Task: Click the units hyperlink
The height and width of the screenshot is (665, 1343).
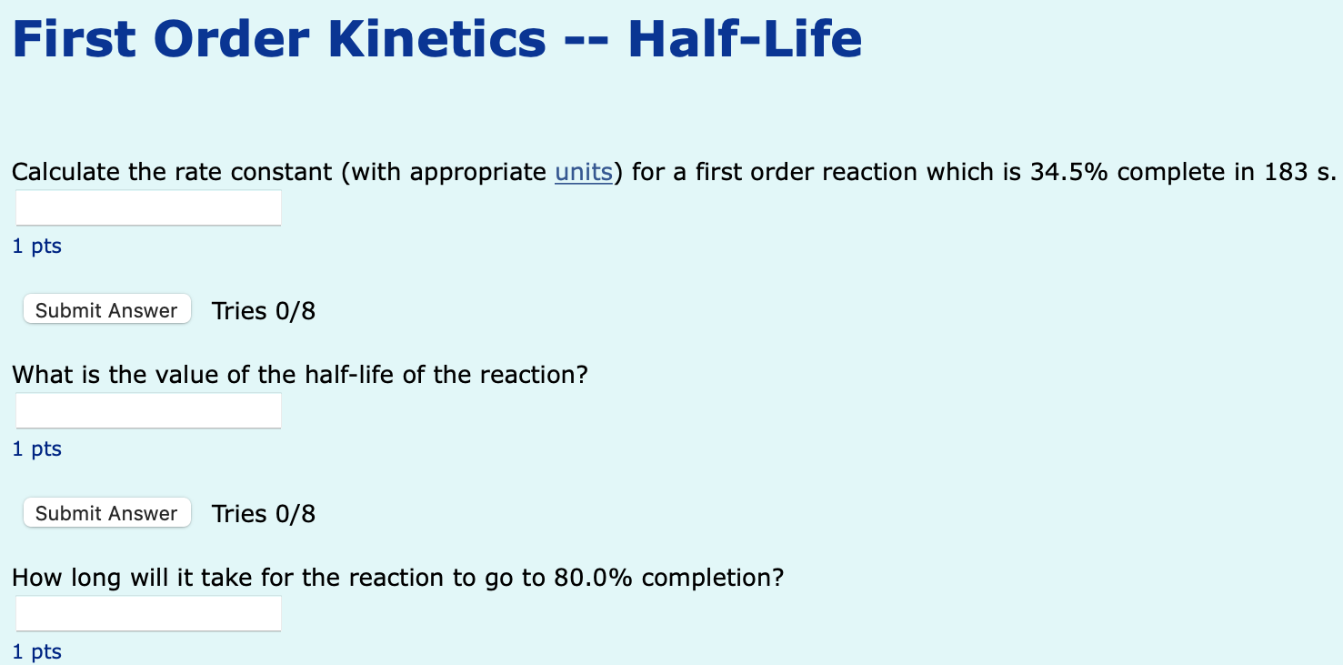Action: click(x=583, y=172)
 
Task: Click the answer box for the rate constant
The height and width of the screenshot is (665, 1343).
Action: click(x=148, y=208)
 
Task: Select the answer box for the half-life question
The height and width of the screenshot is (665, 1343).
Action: click(x=148, y=411)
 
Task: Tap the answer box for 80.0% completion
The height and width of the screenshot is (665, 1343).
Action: click(x=148, y=614)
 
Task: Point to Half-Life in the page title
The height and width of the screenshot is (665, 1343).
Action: click(x=745, y=39)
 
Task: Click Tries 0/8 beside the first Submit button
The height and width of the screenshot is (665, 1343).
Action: click(x=264, y=311)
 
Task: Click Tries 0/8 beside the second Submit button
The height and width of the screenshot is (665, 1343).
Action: click(x=264, y=514)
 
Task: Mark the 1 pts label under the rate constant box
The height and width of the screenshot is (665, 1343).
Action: click(x=37, y=246)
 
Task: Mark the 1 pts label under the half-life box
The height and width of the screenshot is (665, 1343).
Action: click(x=37, y=448)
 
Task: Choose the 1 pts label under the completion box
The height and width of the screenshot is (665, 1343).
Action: click(x=37, y=651)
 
